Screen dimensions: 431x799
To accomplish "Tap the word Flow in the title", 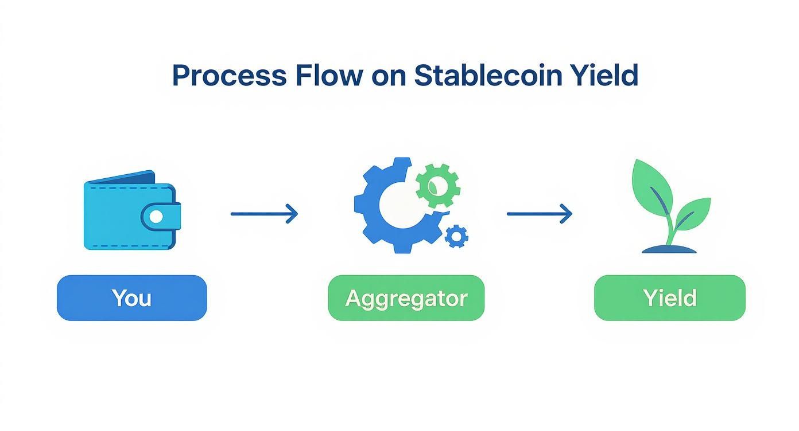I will (x=328, y=76).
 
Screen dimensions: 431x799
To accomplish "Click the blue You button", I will (x=131, y=297).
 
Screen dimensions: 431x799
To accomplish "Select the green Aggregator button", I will (x=406, y=297).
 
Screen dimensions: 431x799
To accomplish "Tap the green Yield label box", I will (x=669, y=297).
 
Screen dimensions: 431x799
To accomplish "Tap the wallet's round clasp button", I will (x=156, y=216).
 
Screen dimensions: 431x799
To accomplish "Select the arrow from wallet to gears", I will (x=263, y=214).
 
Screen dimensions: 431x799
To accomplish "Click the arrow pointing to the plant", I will (x=539, y=214).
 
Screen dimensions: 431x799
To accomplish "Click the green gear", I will (x=437, y=185).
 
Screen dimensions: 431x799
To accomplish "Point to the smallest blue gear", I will (x=456, y=236).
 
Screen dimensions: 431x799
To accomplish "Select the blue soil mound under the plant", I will (x=669, y=249).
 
